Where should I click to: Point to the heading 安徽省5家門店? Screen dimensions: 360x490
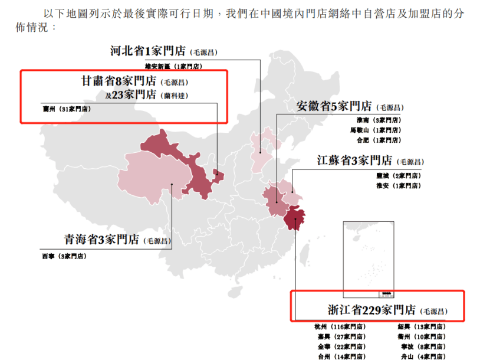coord(334,106)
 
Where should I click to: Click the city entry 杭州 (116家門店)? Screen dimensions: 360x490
coord(341,326)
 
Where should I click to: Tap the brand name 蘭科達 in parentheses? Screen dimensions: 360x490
coord(177,96)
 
